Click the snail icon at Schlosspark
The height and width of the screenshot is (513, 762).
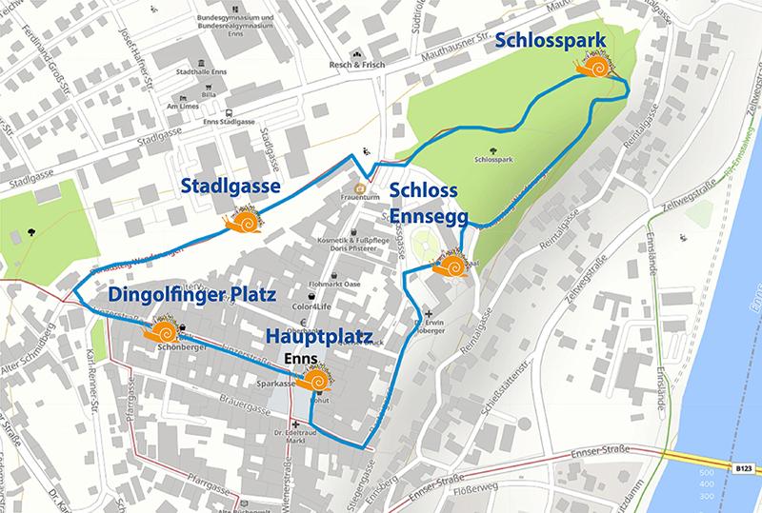(595, 69)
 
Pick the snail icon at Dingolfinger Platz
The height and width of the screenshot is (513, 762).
(161, 333)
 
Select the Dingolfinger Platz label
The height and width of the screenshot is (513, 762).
(184, 295)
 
